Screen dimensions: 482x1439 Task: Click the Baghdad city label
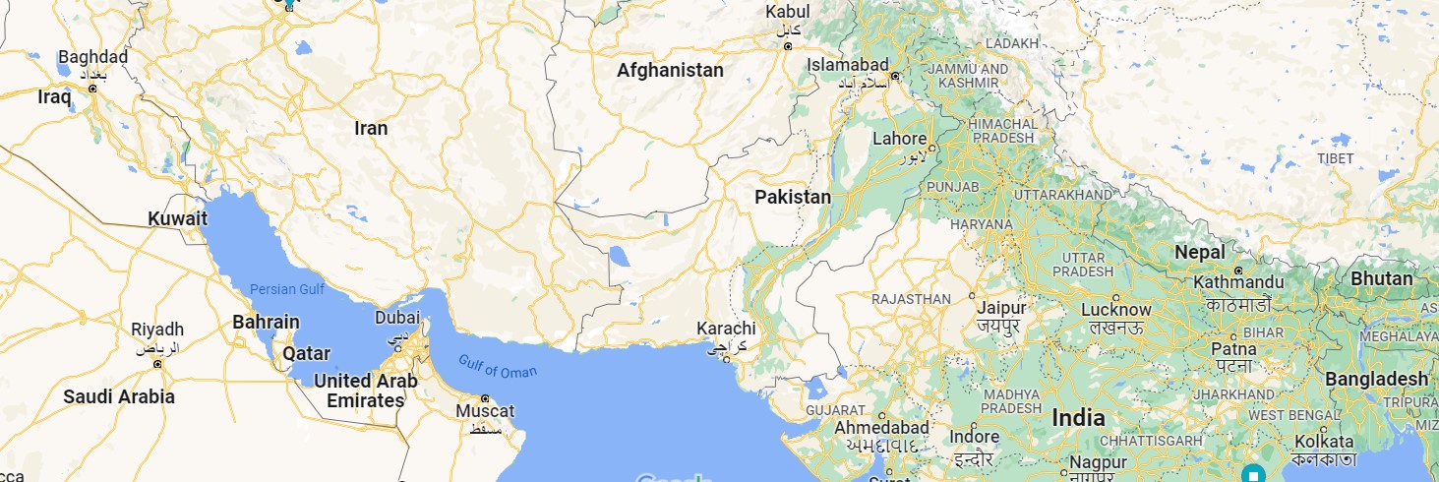(x=92, y=57)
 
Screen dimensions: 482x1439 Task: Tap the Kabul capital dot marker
(x=787, y=47)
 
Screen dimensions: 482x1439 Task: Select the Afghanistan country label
(x=670, y=71)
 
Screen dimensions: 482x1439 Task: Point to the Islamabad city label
(x=848, y=64)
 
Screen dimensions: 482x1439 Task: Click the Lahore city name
(x=899, y=139)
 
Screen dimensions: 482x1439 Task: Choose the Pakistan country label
(x=793, y=197)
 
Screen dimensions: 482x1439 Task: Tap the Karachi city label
(x=726, y=328)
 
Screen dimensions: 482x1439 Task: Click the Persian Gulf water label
(x=287, y=289)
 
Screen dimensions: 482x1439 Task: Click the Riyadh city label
(x=157, y=329)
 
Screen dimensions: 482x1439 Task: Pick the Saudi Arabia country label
(x=119, y=397)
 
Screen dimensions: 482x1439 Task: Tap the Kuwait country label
(x=177, y=218)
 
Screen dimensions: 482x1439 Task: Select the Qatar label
(x=306, y=353)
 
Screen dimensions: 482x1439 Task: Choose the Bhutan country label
(x=1381, y=278)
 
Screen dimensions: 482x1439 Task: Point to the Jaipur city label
(x=1001, y=307)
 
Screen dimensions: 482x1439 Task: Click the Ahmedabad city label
(x=881, y=428)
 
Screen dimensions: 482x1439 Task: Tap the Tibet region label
(x=1335, y=158)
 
